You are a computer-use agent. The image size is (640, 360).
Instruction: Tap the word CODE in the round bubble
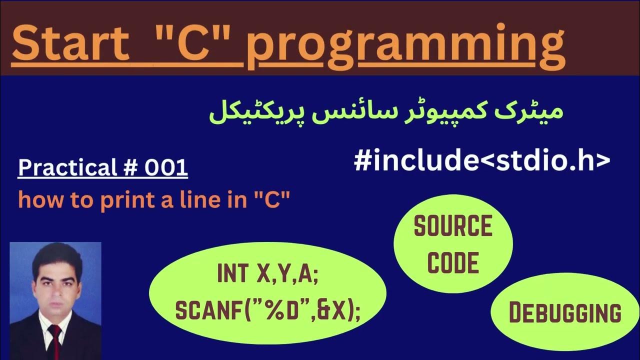pos(453,262)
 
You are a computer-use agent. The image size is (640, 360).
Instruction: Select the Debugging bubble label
pos(565,313)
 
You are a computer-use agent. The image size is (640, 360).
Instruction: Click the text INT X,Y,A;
pos(268,274)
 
